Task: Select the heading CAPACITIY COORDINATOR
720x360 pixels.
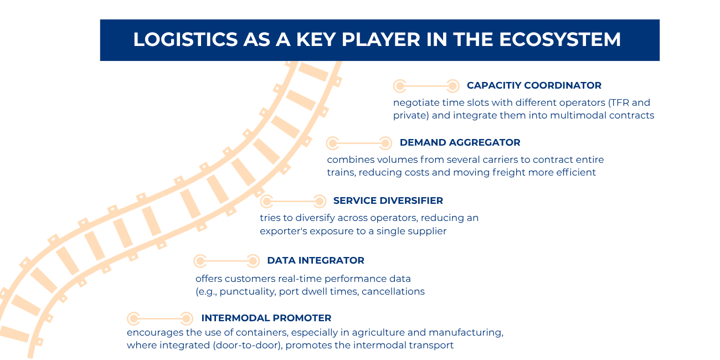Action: pyautogui.click(x=534, y=85)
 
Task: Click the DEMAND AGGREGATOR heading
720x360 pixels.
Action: pyautogui.click(x=460, y=142)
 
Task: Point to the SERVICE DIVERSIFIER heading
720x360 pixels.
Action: pyautogui.click(x=388, y=200)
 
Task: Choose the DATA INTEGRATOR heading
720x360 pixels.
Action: pyautogui.click(x=315, y=260)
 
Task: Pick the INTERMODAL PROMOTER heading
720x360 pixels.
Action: pyautogui.click(x=266, y=318)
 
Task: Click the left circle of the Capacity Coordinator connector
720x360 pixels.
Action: pyautogui.click(x=399, y=86)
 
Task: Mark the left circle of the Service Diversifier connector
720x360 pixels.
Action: pyautogui.click(x=266, y=201)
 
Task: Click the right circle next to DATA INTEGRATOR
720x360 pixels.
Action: pyautogui.click(x=253, y=261)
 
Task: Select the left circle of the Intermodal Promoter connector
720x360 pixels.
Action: pyautogui.click(x=133, y=318)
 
